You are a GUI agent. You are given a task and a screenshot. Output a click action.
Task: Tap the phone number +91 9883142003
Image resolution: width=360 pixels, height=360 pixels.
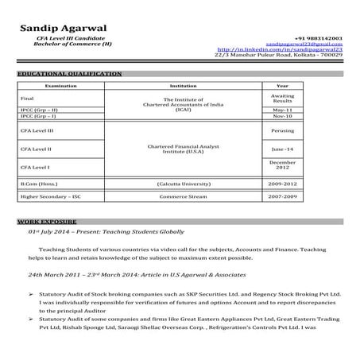319,37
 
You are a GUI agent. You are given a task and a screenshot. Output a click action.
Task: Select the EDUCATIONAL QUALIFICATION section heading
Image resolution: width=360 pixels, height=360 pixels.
70,74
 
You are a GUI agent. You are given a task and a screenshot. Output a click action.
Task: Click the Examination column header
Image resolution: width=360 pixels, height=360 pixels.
60,84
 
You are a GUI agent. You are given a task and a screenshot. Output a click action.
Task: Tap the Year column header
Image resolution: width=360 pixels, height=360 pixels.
282,84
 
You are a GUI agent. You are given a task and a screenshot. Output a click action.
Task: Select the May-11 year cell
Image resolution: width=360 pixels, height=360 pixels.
282,110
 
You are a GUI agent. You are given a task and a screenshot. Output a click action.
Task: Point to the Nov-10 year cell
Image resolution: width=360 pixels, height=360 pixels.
282,117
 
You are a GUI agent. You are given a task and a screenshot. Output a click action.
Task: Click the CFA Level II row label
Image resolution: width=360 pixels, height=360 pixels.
36,149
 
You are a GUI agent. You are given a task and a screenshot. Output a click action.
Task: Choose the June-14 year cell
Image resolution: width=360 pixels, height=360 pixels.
282,149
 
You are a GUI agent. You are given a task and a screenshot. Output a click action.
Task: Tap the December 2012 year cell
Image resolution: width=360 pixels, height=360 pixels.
282,166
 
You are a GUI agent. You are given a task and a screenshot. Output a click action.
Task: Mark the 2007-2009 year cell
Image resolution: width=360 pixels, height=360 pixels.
282,195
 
